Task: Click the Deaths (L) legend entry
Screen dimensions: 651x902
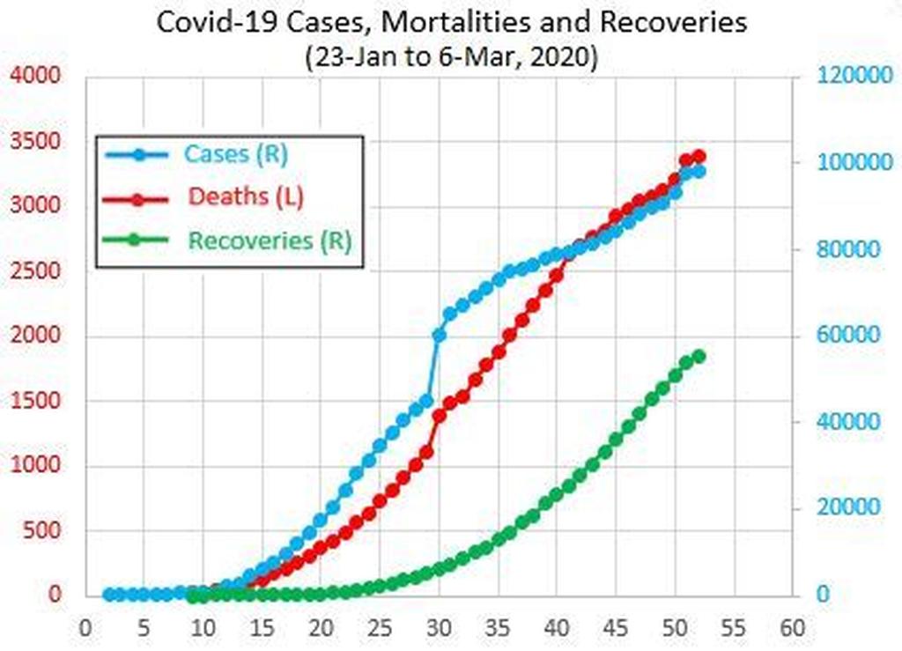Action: pyautogui.click(x=246, y=196)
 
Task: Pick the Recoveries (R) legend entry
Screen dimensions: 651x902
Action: pyautogui.click(x=270, y=240)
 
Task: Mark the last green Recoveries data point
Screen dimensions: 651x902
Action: pyautogui.click(x=699, y=356)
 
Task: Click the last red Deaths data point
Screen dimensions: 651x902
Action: pyautogui.click(x=699, y=157)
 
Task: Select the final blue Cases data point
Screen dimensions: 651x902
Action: pyautogui.click(x=699, y=172)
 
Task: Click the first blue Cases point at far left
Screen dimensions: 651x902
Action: pyautogui.click(x=109, y=595)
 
